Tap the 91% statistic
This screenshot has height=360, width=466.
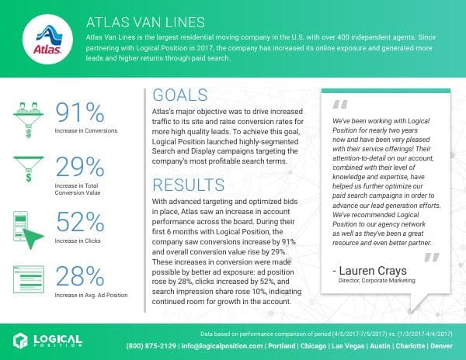[81, 113]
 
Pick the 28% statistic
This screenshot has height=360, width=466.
[82, 277]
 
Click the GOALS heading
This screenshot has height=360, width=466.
[181, 95]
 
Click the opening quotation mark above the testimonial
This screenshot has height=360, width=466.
[339, 105]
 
